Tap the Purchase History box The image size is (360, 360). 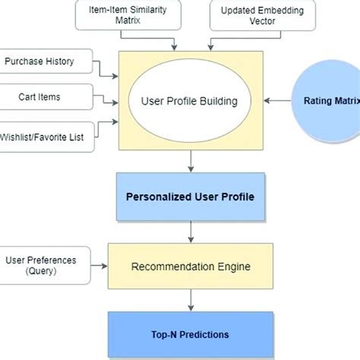[46, 61]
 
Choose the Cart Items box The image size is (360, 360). [46, 96]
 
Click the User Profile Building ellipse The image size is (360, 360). [190, 101]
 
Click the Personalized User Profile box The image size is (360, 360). [190, 196]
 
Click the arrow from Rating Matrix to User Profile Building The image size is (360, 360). [277, 101]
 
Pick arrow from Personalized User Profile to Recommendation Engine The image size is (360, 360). [191, 231]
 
